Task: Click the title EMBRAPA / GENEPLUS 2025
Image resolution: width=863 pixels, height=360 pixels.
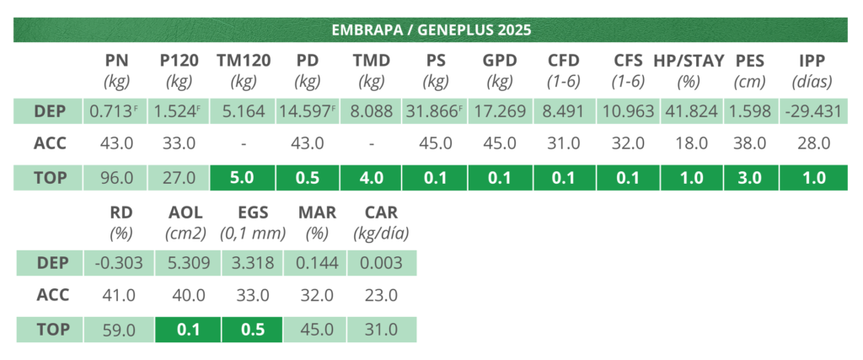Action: pos(430,30)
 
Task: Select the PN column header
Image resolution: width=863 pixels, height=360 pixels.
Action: pos(117,61)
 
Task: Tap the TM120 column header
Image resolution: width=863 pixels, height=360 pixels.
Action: pos(243,61)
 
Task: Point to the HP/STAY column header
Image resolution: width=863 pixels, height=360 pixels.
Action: pos(689,61)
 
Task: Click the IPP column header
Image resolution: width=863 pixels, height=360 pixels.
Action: pos(814,61)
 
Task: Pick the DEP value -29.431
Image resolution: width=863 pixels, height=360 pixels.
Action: pos(814,110)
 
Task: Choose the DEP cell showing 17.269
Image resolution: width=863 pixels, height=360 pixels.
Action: pos(500,110)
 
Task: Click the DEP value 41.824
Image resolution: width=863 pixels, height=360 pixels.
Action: pos(689,110)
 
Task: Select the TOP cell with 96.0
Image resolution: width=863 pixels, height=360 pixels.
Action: pos(117,179)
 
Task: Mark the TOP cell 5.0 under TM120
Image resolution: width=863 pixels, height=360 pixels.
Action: pos(243,179)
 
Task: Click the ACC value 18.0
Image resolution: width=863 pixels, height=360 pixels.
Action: pos(689,144)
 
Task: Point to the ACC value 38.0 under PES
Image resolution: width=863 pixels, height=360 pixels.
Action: pos(750,144)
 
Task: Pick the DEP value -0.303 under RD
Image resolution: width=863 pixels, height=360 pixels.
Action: pos(118,262)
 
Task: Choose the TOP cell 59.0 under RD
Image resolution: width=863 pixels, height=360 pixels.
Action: pos(118,330)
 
